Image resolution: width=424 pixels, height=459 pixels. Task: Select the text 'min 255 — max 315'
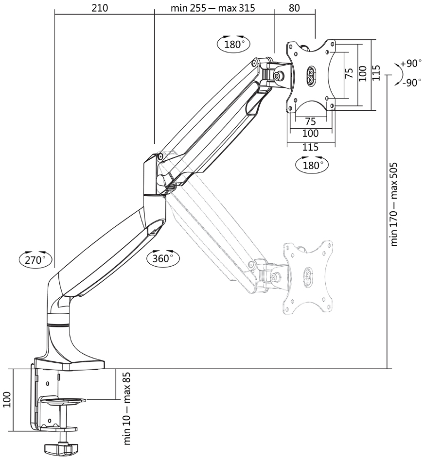click(x=213, y=8)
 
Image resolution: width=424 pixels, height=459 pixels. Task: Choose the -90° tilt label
click(x=412, y=83)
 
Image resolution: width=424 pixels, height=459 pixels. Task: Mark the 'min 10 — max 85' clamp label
click(x=127, y=409)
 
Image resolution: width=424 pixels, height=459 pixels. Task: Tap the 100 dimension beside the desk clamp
click(x=7, y=399)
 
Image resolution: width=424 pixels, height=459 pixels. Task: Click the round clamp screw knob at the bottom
click(x=62, y=447)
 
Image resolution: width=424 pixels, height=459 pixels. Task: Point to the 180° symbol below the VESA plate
click(x=312, y=165)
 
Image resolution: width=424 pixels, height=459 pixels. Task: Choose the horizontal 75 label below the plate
click(x=311, y=121)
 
